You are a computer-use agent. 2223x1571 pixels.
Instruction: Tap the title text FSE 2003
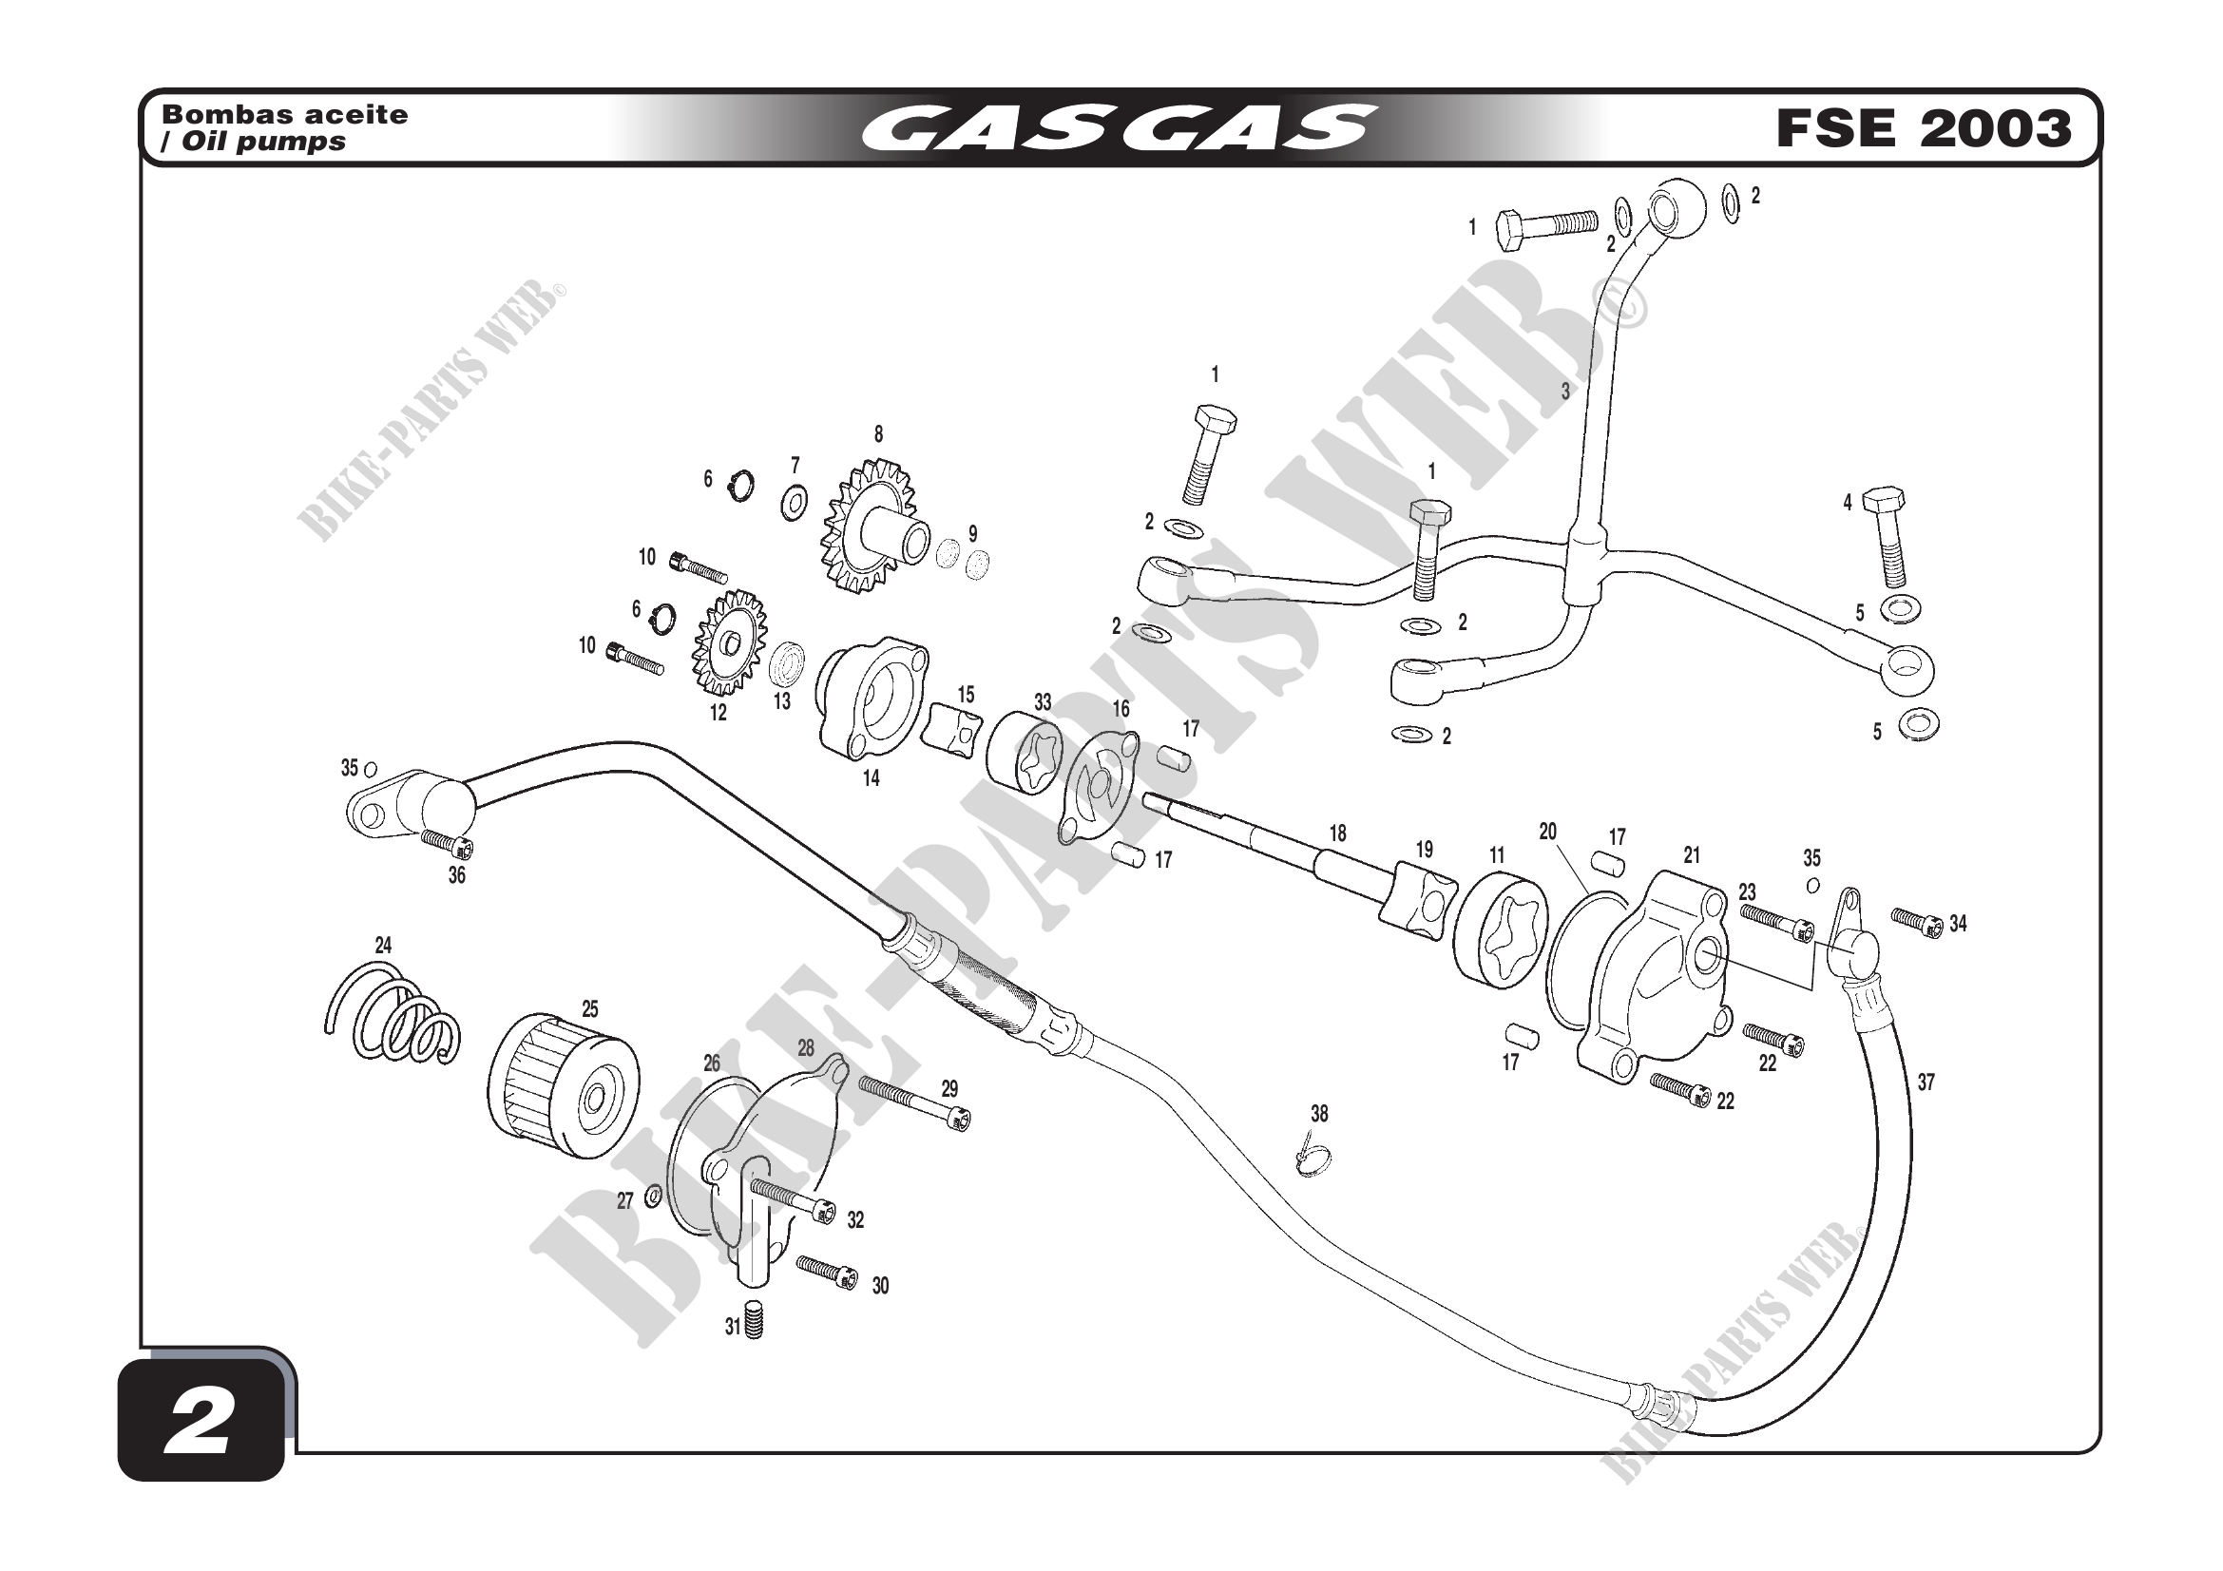click(1923, 128)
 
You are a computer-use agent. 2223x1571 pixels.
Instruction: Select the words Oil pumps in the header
click(266, 143)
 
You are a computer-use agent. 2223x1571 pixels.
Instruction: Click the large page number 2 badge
click(201, 1421)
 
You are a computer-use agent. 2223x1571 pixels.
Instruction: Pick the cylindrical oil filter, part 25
click(563, 1084)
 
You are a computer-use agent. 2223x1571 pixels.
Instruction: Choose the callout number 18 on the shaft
click(1337, 833)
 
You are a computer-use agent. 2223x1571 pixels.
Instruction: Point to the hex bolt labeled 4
click(1888, 538)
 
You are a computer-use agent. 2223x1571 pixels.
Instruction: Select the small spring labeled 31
click(754, 1322)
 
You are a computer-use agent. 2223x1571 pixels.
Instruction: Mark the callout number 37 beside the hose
click(1926, 1082)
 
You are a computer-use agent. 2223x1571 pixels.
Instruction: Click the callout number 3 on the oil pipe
click(1564, 392)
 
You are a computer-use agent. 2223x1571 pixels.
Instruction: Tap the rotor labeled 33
click(1025, 754)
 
